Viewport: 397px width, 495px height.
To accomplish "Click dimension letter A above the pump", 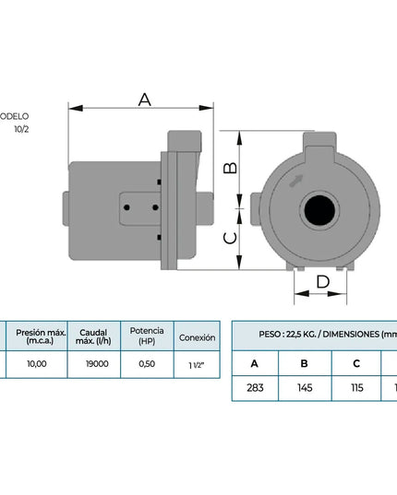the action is pyautogui.click(x=145, y=100).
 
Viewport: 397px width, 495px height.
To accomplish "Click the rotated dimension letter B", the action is pyautogui.click(x=230, y=168).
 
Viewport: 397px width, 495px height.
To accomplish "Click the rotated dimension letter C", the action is pyautogui.click(x=230, y=238).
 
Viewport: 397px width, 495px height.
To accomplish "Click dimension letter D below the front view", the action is pyautogui.click(x=323, y=281).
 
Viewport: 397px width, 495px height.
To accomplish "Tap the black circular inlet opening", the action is pyautogui.click(x=319, y=210).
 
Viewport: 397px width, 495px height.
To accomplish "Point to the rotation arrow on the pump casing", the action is pyautogui.click(x=296, y=181).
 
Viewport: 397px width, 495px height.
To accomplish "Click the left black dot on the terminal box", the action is pyautogui.click(x=126, y=207).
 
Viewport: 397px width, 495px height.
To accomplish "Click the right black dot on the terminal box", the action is pyautogui.click(x=155, y=207).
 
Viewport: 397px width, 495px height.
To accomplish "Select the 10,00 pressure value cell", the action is pyautogui.click(x=37, y=364).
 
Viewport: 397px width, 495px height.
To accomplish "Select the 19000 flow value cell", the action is pyautogui.click(x=97, y=364).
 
